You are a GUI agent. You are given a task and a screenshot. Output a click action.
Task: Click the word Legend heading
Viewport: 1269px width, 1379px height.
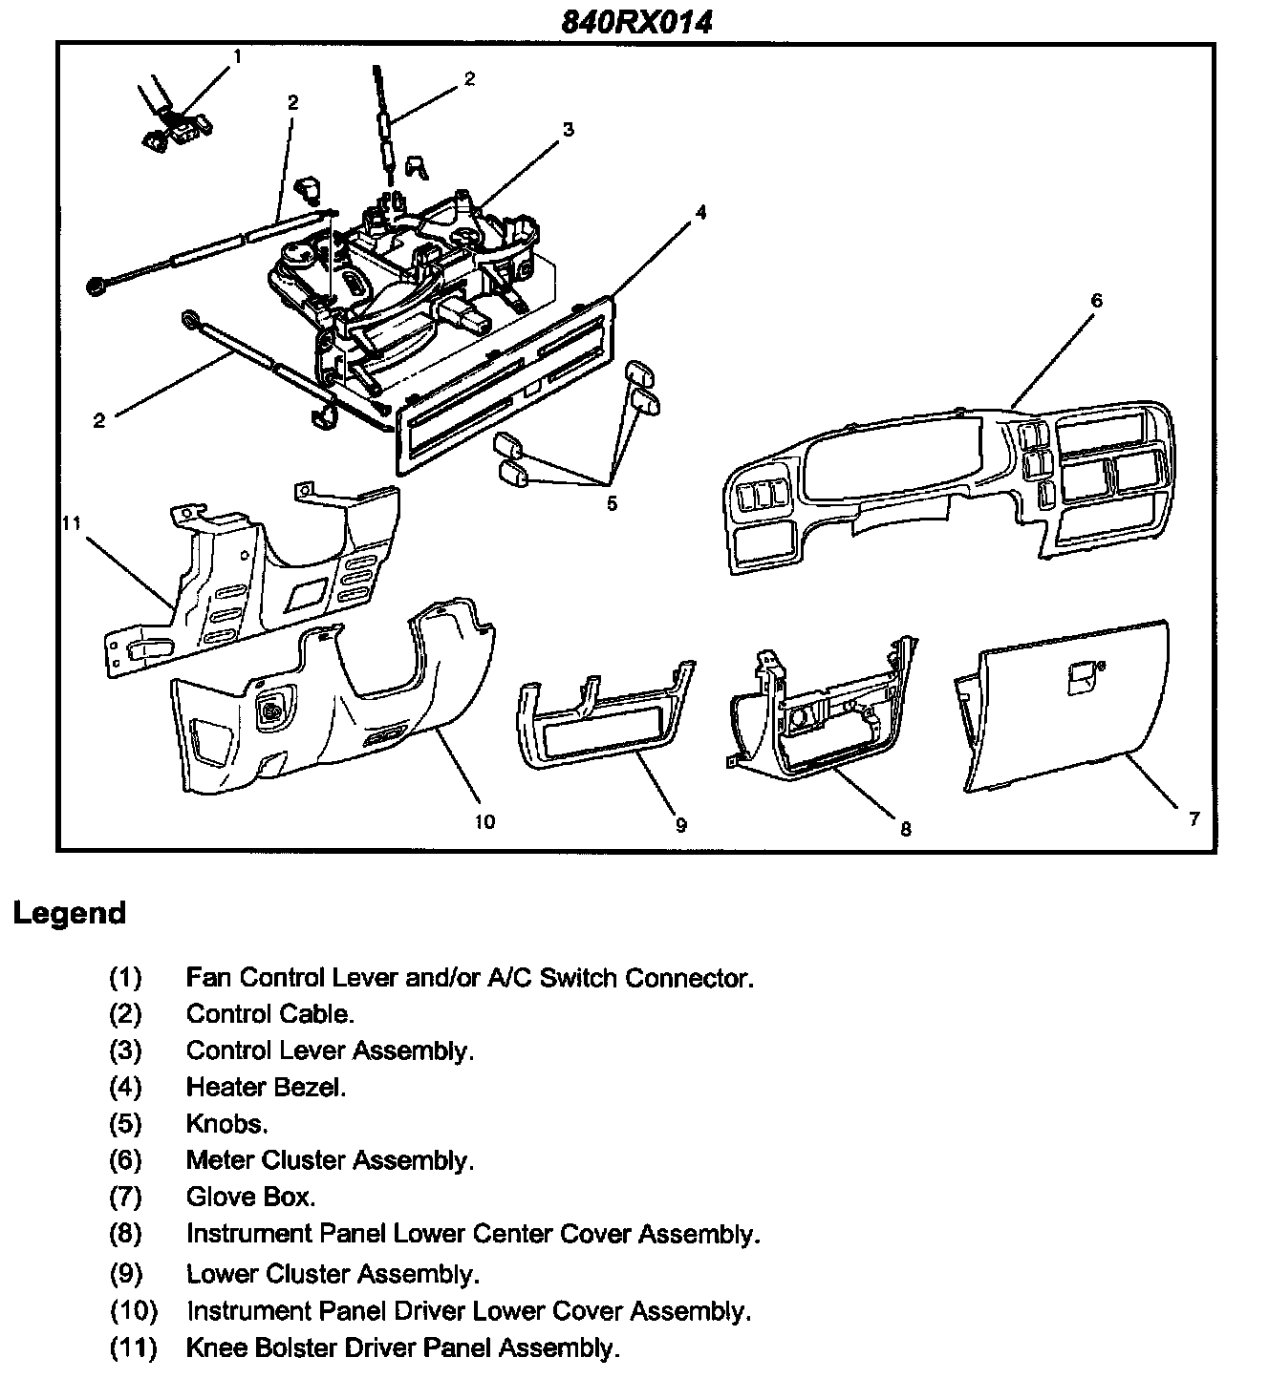coord(70,913)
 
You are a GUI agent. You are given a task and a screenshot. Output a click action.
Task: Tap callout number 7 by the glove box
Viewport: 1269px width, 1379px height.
coord(1194,819)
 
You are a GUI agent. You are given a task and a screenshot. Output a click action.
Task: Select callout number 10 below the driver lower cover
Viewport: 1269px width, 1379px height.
coord(484,821)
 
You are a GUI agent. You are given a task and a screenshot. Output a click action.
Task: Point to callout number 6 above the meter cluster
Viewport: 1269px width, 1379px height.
coord(1096,300)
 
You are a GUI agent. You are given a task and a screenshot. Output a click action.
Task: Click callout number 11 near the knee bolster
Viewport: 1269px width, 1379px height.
coord(72,522)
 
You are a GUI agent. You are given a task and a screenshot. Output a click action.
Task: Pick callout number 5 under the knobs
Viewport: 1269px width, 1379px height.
coord(612,503)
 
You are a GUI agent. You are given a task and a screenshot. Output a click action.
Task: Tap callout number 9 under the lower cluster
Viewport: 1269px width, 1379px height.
coord(680,825)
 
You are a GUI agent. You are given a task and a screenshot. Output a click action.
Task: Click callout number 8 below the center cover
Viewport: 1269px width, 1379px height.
coord(905,829)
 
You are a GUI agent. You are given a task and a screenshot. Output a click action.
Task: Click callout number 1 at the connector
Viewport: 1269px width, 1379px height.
coord(237,56)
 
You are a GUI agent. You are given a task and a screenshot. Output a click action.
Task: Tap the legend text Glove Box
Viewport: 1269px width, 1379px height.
coord(250,1197)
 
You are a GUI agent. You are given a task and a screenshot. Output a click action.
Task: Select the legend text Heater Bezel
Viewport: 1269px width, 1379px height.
coord(266,1087)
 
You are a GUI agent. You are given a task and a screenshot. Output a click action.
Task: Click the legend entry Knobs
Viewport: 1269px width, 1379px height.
coord(226,1123)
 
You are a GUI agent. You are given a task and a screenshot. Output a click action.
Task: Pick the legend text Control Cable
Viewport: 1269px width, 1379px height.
coord(269,1013)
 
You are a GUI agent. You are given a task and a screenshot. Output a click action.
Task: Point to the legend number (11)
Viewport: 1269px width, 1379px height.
coord(133,1347)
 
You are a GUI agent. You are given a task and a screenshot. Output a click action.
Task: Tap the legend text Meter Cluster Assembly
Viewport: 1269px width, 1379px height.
coord(330,1160)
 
